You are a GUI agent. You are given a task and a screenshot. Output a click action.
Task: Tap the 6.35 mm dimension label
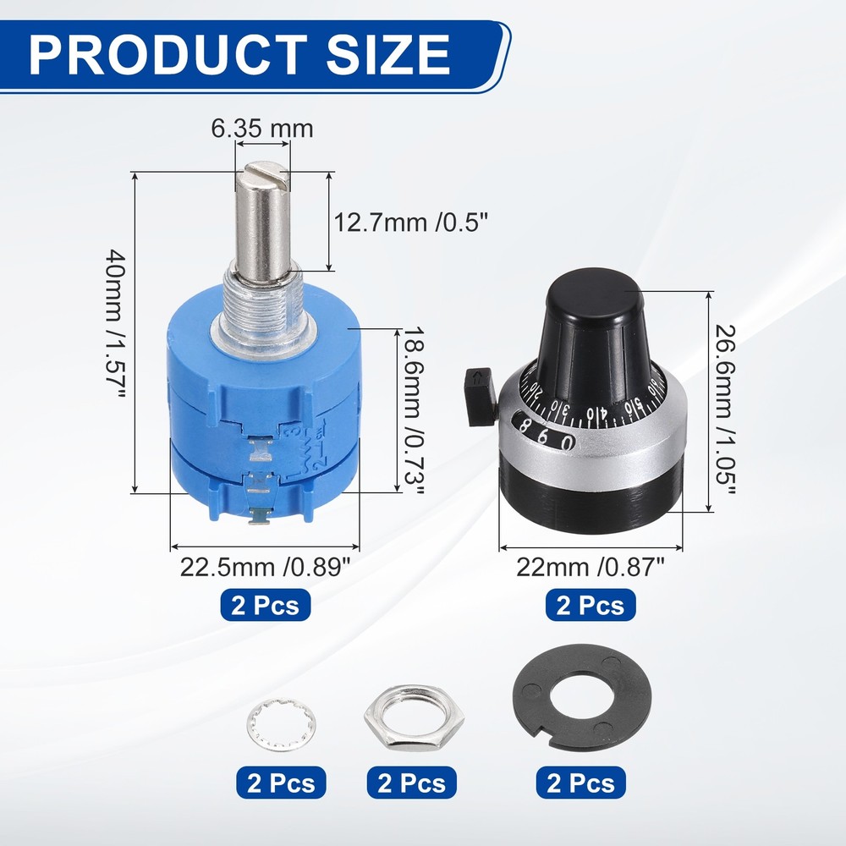[x=262, y=129]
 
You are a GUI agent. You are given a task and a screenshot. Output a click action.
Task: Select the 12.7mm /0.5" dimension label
[x=411, y=223]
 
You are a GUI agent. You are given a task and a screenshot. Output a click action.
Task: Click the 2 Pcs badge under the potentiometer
[x=266, y=606]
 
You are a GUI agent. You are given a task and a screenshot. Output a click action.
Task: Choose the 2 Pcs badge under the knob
[x=591, y=606]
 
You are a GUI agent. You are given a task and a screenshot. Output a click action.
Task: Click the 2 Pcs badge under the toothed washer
[x=280, y=783]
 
